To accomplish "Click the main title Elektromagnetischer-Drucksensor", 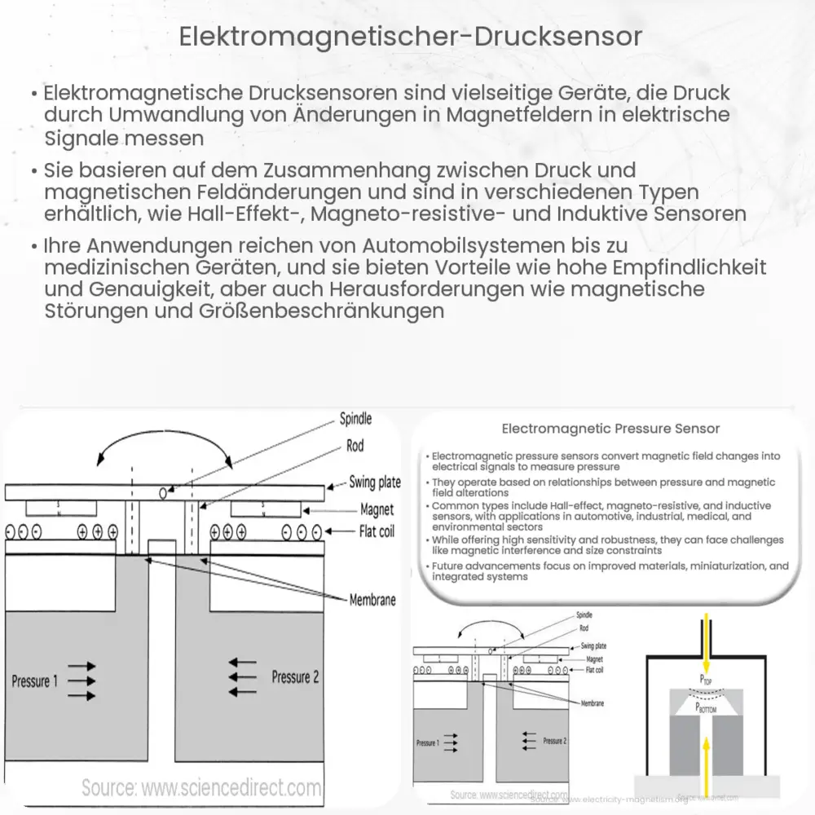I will point(407,38).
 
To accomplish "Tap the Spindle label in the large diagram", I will point(355,419).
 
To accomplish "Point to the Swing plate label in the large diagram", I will point(375,482).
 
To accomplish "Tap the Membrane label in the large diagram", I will point(372,599).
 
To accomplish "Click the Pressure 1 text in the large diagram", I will point(35,681).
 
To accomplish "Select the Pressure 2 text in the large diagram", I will point(295,676).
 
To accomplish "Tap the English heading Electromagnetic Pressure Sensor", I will point(610,428).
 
